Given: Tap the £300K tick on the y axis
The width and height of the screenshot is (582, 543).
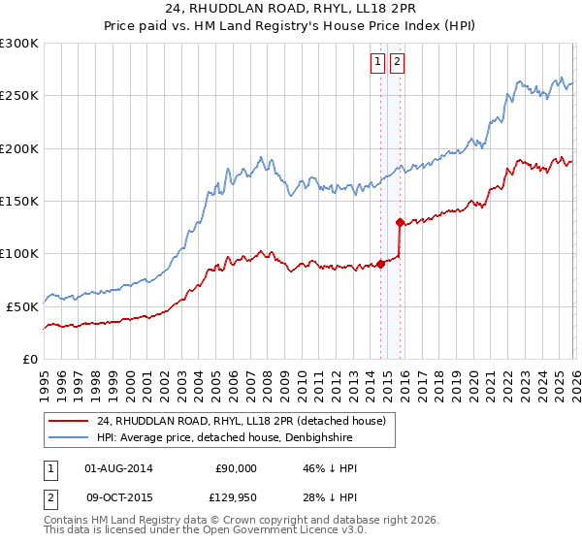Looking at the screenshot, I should tap(19, 44).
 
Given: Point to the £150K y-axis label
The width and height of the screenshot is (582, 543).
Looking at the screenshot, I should tap(19, 201).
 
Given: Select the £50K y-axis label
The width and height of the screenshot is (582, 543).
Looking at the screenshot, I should tap(22, 306).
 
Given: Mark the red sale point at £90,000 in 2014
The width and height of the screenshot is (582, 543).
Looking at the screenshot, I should tap(380, 263).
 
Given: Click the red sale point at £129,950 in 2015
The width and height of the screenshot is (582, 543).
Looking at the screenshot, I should tap(400, 222).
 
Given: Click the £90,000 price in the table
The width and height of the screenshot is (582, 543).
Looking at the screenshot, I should tap(237, 468).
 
